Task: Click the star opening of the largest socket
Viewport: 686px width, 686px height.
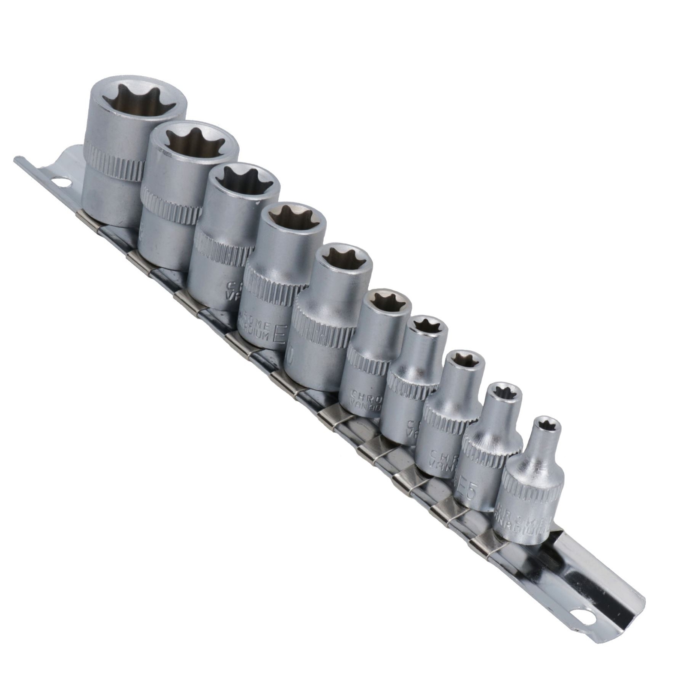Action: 137,102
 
